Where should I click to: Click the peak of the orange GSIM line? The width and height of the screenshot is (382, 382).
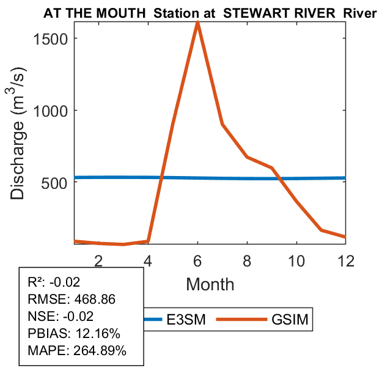(197, 23)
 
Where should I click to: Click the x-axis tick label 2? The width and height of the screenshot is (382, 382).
(98, 260)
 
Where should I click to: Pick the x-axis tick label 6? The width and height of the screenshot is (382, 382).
(197, 260)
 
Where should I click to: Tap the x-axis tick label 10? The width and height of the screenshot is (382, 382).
(296, 260)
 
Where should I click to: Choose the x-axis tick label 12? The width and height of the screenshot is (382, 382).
(346, 260)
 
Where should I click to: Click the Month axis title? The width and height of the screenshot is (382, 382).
(210, 284)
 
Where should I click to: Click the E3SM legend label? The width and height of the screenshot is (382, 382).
(186, 319)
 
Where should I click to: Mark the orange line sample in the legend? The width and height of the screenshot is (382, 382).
(247, 319)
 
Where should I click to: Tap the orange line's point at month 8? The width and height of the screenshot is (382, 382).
(247, 157)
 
